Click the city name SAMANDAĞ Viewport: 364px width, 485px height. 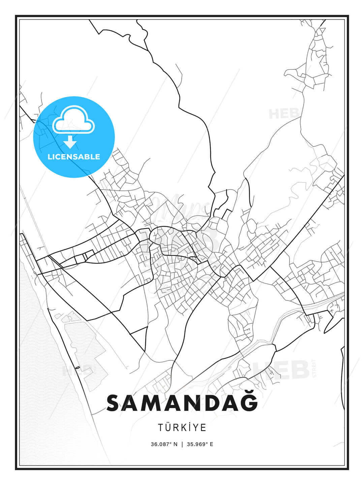pyautogui.click(x=182, y=403)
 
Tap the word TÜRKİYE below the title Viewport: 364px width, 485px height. pyautogui.click(x=182, y=427)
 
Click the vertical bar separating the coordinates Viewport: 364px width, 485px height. pyautogui.click(x=182, y=444)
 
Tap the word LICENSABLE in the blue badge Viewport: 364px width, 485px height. pyautogui.click(x=74, y=157)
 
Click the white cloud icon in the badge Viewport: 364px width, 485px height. pyautogui.click(x=74, y=120)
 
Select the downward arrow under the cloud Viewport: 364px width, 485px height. pyautogui.click(x=70, y=142)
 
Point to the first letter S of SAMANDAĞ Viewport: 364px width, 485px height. pyautogui.click(x=114, y=403)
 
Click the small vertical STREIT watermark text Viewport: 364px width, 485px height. pyautogui.click(x=314, y=368)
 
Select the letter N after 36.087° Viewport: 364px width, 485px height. pyautogui.click(x=175, y=444)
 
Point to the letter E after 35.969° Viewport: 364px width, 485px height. pyautogui.click(x=211, y=444)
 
